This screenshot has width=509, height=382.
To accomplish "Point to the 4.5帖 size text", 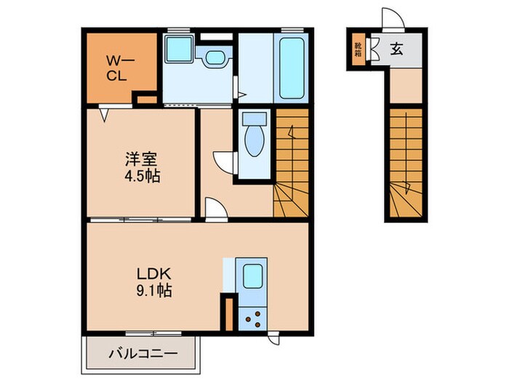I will click(x=142, y=176).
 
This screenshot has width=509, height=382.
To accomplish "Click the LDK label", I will click(x=154, y=274).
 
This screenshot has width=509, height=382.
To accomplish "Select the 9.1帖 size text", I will click(x=154, y=290).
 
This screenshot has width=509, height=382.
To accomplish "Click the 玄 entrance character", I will click(x=397, y=49).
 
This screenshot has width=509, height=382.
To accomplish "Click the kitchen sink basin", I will click(x=252, y=277).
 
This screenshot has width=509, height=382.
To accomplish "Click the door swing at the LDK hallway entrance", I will click(x=215, y=210).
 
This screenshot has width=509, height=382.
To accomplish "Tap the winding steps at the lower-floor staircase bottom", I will click(x=403, y=199).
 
